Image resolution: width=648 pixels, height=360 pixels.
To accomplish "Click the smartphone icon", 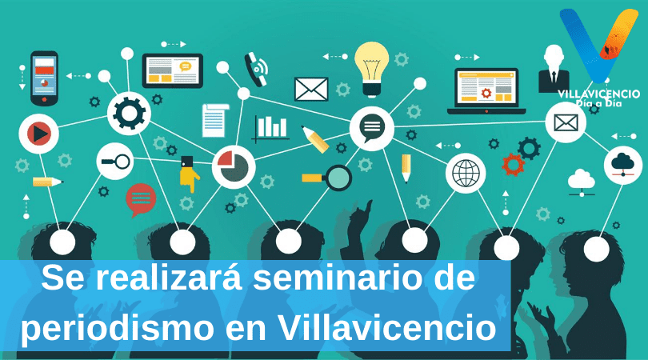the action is pyautogui.click(x=44, y=78).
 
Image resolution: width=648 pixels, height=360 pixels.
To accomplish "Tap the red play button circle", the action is pyautogui.click(x=39, y=134).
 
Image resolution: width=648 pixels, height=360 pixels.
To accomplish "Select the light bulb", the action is pyautogui.click(x=371, y=69).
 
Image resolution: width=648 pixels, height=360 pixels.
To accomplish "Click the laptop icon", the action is pyautogui.click(x=486, y=91).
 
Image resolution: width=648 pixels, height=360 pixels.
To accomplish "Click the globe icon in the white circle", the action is pyautogui.click(x=466, y=173).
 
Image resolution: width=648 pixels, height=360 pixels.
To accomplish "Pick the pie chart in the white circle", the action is pyautogui.click(x=233, y=166).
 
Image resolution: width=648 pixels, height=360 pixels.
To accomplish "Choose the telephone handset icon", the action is pyautogui.click(x=256, y=69).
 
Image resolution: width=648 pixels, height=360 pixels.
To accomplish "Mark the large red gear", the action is pyautogui.click(x=514, y=165).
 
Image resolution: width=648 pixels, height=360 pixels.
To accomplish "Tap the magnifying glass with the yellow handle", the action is pyautogui.click(x=326, y=178).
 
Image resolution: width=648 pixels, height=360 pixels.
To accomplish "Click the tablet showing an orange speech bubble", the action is pyautogui.click(x=172, y=70).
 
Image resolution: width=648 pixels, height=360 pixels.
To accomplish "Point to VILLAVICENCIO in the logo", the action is pyautogui.click(x=598, y=94).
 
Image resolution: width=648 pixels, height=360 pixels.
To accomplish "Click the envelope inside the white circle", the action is pyautogui.click(x=566, y=122).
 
